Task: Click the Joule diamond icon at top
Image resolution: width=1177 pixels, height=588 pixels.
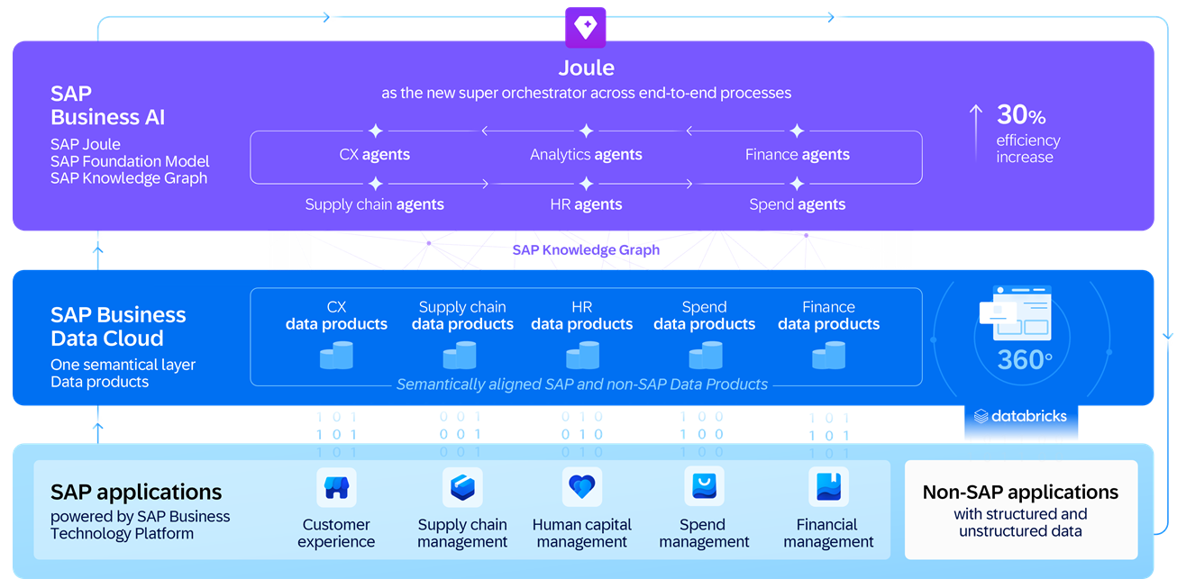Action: point(585,27)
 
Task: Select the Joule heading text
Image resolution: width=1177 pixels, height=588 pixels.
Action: point(586,68)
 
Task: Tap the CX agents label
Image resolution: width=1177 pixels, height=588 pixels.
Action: point(374,155)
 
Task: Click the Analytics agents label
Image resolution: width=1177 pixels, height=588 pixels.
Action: point(586,155)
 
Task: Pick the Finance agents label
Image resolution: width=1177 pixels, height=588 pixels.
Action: point(797,155)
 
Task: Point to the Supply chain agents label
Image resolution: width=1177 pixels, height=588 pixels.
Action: point(374,204)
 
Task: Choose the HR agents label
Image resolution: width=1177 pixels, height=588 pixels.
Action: point(586,204)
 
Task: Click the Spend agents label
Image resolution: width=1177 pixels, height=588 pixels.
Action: point(797,204)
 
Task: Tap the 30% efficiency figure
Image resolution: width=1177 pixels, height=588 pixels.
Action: point(1020,115)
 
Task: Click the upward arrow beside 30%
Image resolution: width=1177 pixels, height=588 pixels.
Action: point(976,131)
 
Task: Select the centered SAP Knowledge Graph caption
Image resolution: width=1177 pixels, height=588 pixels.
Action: point(586,250)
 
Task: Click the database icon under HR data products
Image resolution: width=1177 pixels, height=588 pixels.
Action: point(582,355)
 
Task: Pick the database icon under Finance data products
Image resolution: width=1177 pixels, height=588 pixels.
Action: point(828,355)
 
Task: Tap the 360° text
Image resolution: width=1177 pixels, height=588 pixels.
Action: point(1025,360)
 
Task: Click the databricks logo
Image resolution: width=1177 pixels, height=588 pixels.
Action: point(1020,416)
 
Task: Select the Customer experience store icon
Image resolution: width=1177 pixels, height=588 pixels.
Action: point(336,488)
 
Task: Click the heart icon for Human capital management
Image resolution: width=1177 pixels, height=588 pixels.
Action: point(582,488)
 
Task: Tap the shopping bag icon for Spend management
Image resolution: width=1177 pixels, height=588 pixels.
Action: point(704,488)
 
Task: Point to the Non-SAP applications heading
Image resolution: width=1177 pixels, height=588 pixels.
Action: point(1020,493)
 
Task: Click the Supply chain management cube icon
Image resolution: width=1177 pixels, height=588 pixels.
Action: point(462,488)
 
